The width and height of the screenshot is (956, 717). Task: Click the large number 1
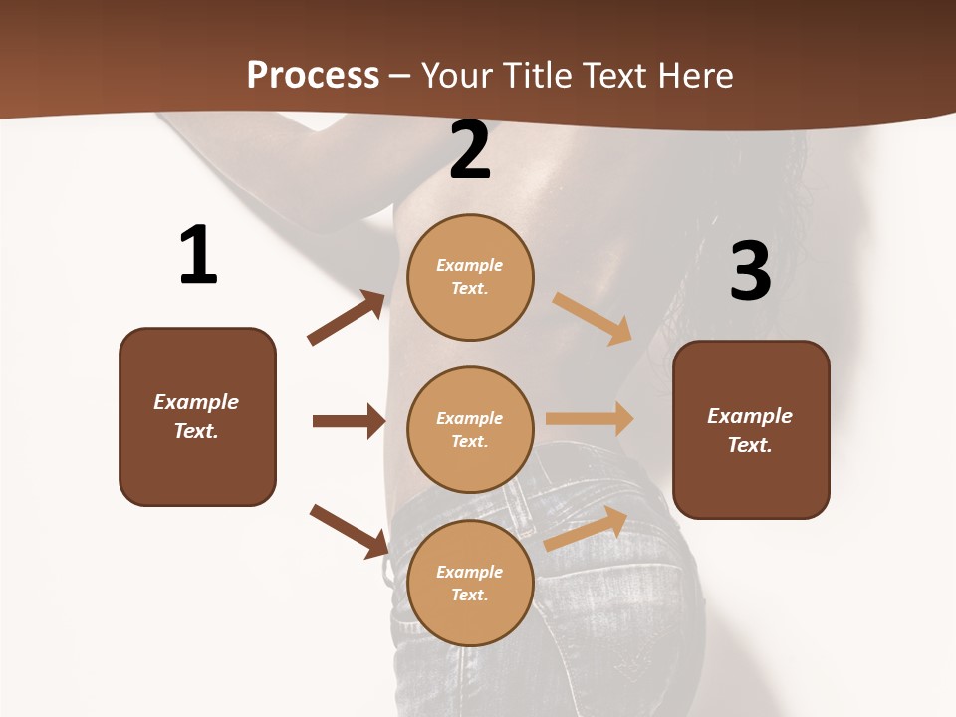(198, 255)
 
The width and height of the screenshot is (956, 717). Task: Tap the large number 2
(470, 150)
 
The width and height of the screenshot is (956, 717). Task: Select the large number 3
(750, 271)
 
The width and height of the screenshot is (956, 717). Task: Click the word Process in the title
(313, 75)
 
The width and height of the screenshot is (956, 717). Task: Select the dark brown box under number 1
(197, 416)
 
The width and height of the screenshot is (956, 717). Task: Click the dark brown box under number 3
(751, 429)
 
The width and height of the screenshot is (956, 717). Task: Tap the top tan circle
(470, 276)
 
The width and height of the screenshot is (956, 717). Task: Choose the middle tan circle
(470, 429)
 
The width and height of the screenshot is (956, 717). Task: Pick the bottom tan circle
(470, 583)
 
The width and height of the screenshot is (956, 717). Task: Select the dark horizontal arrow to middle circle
(349, 421)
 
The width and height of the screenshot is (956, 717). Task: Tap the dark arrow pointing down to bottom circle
(350, 530)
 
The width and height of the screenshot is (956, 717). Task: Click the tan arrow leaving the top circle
(593, 318)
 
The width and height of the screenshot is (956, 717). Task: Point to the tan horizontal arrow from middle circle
(590, 419)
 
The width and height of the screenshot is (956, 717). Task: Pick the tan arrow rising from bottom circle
(587, 528)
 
